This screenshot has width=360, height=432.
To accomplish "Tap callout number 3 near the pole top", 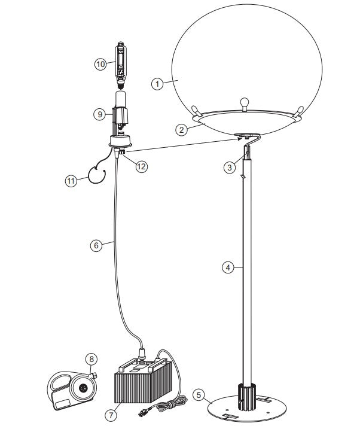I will click(230, 168).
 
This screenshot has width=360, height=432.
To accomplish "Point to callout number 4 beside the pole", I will click(228, 267).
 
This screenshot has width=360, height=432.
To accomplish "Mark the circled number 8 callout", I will click(90, 359).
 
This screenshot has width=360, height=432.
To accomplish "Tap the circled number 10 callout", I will click(101, 62).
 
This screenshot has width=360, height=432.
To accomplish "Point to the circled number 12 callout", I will click(141, 167).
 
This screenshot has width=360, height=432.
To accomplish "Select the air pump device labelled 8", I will click(72, 390).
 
